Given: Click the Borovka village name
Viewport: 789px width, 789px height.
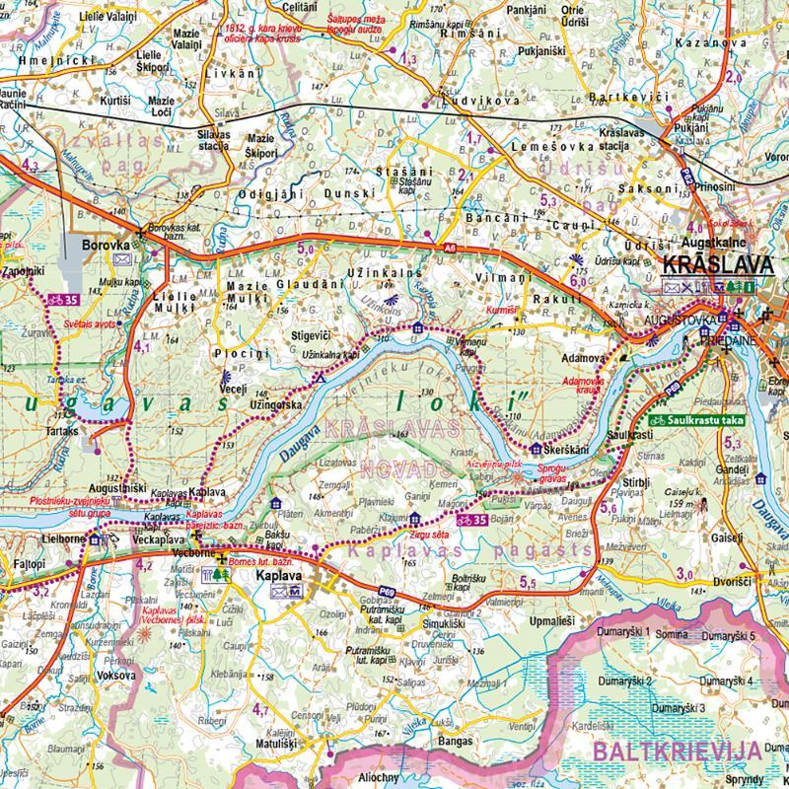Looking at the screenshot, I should click(107, 241).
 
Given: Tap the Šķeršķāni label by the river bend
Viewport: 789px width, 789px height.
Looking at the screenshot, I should click(564, 451).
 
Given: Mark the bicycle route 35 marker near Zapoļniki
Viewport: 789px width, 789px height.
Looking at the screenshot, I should click(66, 299).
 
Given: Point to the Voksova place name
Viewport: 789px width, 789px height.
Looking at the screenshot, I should click(116, 676).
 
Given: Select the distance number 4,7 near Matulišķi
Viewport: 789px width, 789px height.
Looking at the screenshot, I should click(260, 709).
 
